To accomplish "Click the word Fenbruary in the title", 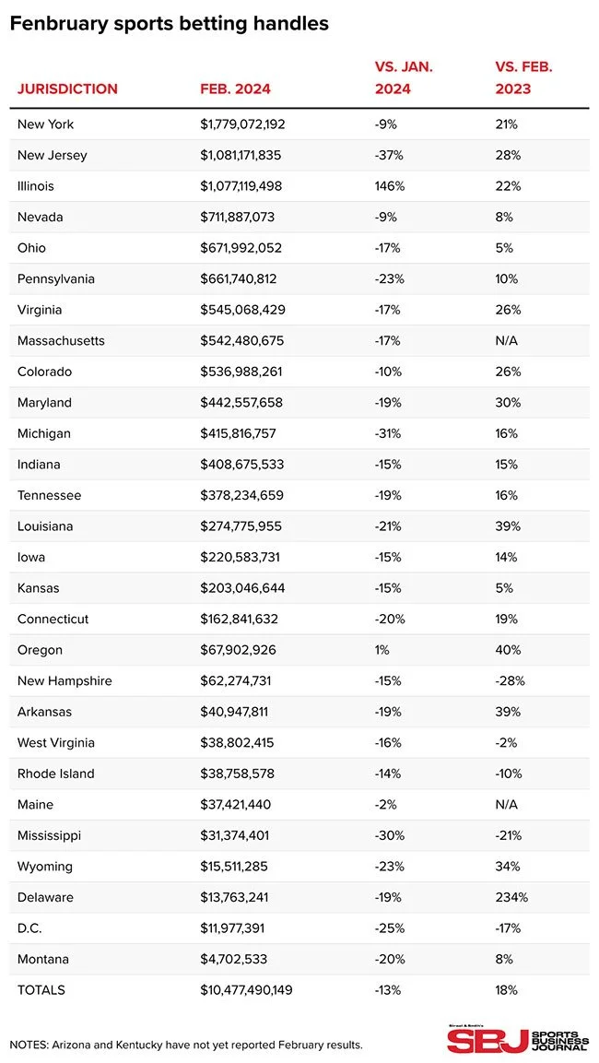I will click(56, 24).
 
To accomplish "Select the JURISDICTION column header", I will click(67, 89).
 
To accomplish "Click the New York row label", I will click(45, 124).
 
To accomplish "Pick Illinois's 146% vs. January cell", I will click(389, 186).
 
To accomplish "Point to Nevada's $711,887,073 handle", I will click(237, 217).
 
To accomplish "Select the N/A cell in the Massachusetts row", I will click(508, 341).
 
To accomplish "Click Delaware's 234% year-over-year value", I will click(511, 898).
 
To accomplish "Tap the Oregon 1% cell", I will click(382, 650).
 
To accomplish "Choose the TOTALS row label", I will click(41, 990).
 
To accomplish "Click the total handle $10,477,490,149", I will click(252, 990).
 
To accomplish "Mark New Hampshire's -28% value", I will click(509, 681).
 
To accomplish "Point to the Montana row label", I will click(42, 960).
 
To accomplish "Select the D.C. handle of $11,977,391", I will click(233, 928).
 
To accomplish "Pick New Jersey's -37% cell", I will click(388, 155).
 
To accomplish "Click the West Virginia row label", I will click(55, 743).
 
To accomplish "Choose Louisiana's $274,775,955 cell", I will click(241, 526).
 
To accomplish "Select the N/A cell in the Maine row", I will click(508, 805).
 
